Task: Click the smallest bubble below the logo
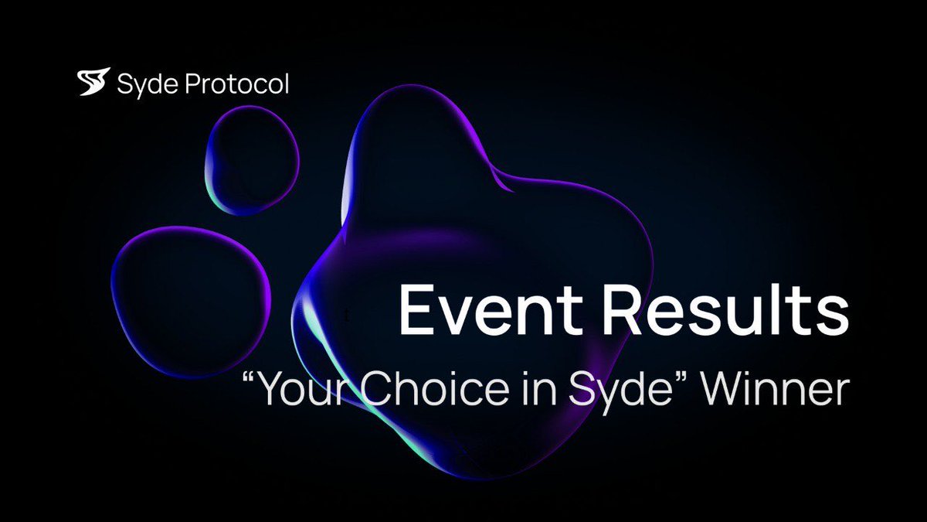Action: click(252, 160)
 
